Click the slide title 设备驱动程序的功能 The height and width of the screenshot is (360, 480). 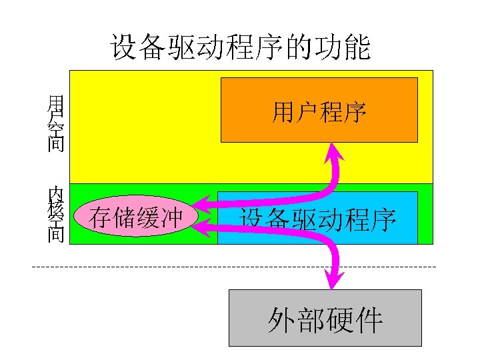pyautogui.click(x=240, y=48)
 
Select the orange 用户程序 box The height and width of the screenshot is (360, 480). pyautogui.click(x=319, y=111)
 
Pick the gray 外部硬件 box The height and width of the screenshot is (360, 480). pyautogui.click(x=325, y=318)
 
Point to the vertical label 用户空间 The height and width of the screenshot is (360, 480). pyautogui.click(x=55, y=123)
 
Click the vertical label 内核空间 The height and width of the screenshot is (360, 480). pyautogui.click(x=55, y=214)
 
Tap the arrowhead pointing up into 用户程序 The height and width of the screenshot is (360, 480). pyautogui.click(x=331, y=153)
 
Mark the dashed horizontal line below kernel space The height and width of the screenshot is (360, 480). pyautogui.click(x=233, y=267)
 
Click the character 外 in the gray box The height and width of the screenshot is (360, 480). pyautogui.click(x=281, y=320)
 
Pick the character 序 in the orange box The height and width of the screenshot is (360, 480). pyautogui.click(x=355, y=112)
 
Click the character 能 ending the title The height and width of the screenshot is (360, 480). pyautogui.click(x=358, y=48)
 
